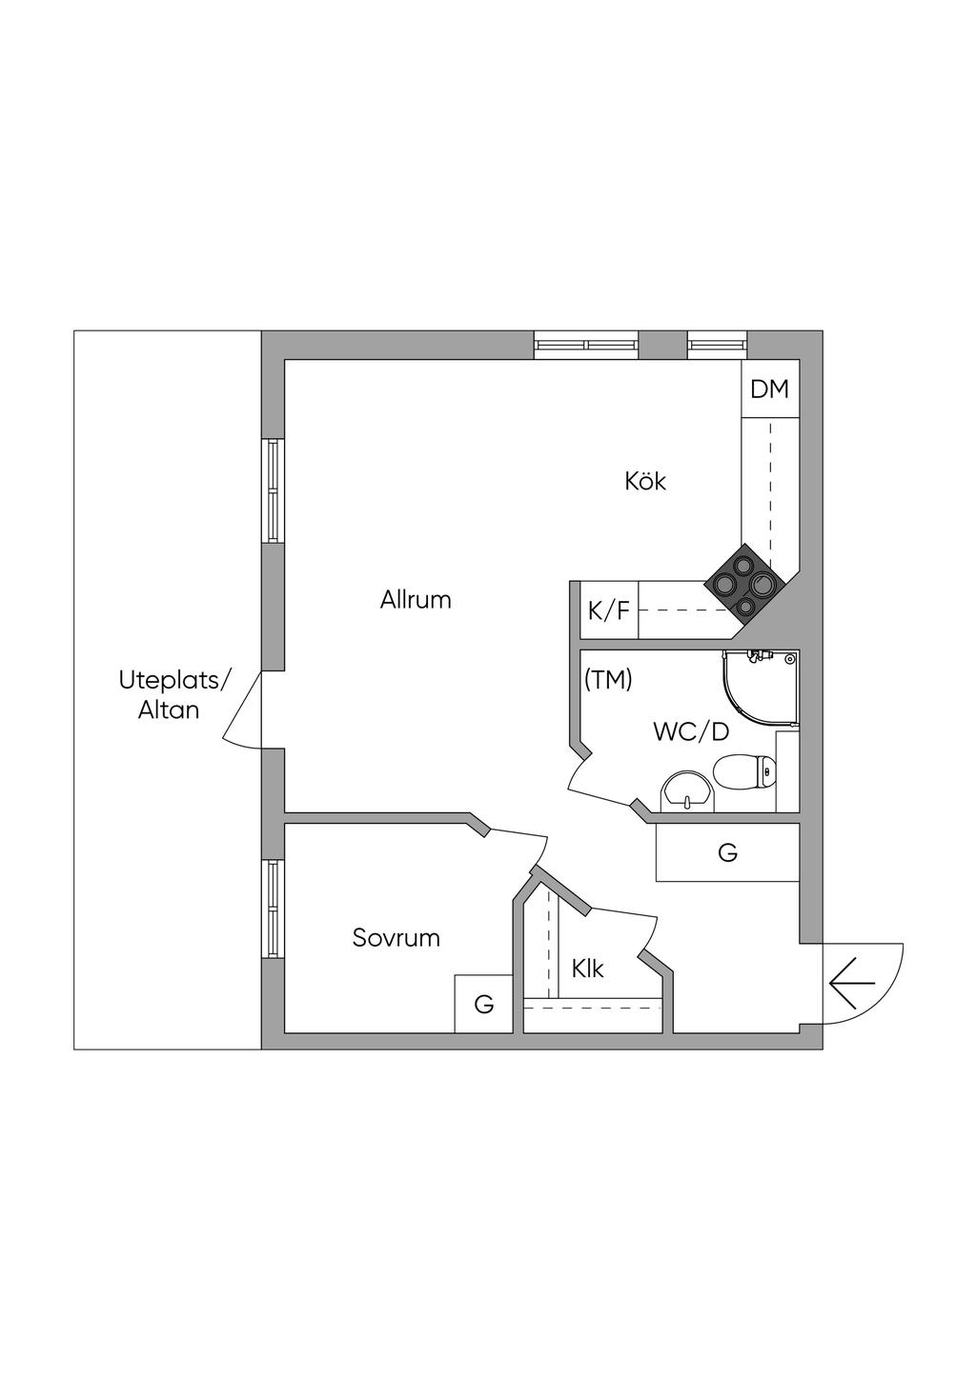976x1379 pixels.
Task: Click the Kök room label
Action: point(645,481)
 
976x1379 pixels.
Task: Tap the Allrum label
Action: point(416,600)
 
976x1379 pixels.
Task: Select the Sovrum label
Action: point(396,938)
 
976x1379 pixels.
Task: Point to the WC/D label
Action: point(691,732)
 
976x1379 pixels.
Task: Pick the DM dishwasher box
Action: point(769,389)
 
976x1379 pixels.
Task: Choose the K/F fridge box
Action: point(609,610)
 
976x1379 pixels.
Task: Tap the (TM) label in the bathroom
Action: point(608,680)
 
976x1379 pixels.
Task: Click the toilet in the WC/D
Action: point(747,771)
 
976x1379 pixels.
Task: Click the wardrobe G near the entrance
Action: point(727,853)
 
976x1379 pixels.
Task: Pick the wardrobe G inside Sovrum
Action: point(484,1004)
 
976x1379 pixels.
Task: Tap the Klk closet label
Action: point(588,969)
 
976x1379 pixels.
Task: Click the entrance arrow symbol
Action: point(852,982)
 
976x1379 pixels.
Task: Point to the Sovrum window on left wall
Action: point(274,909)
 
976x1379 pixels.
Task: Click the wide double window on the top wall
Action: point(585,345)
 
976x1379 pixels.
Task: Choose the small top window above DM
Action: point(717,344)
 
